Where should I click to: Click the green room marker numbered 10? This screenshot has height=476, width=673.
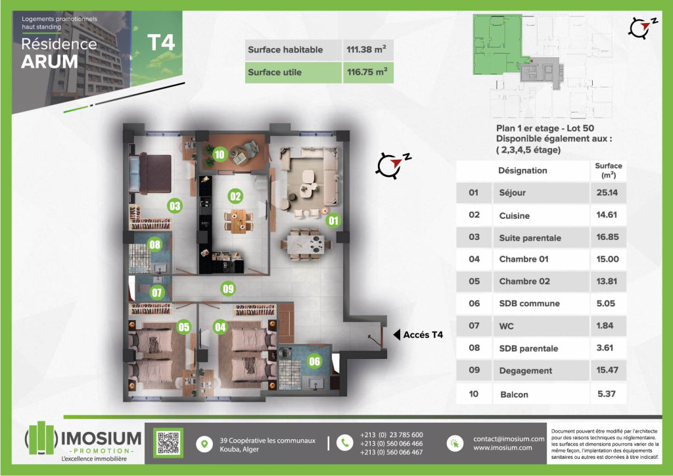tap(220, 155)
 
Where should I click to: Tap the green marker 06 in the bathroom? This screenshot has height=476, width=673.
tap(315, 362)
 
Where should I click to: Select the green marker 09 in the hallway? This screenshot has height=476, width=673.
tap(228, 289)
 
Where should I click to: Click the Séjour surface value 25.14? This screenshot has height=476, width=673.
tap(607, 193)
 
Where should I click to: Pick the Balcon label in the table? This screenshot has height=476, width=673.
tap(514, 394)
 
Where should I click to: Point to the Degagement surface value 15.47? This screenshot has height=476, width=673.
tap(607, 370)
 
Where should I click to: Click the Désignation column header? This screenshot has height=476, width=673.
tap(522, 170)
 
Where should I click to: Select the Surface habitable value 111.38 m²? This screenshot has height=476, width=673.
tap(366, 49)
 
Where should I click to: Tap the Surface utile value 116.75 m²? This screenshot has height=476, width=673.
tap(367, 72)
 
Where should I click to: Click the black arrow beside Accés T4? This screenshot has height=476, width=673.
tap(396, 335)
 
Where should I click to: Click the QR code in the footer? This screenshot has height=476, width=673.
tap(168, 442)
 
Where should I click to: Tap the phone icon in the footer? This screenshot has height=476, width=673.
tap(344, 443)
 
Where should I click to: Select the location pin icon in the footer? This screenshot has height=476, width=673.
tap(204, 444)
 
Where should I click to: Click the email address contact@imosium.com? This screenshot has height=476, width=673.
tap(509, 439)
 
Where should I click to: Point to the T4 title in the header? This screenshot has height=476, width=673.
tap(162, 42)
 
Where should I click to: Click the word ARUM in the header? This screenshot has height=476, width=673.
tap(49, 61)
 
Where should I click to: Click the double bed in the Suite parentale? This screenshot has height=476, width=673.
tap(151, 173)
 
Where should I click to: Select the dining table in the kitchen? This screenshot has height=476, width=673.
tap(239, 222)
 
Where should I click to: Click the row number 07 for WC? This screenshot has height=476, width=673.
tap(474, 325)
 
